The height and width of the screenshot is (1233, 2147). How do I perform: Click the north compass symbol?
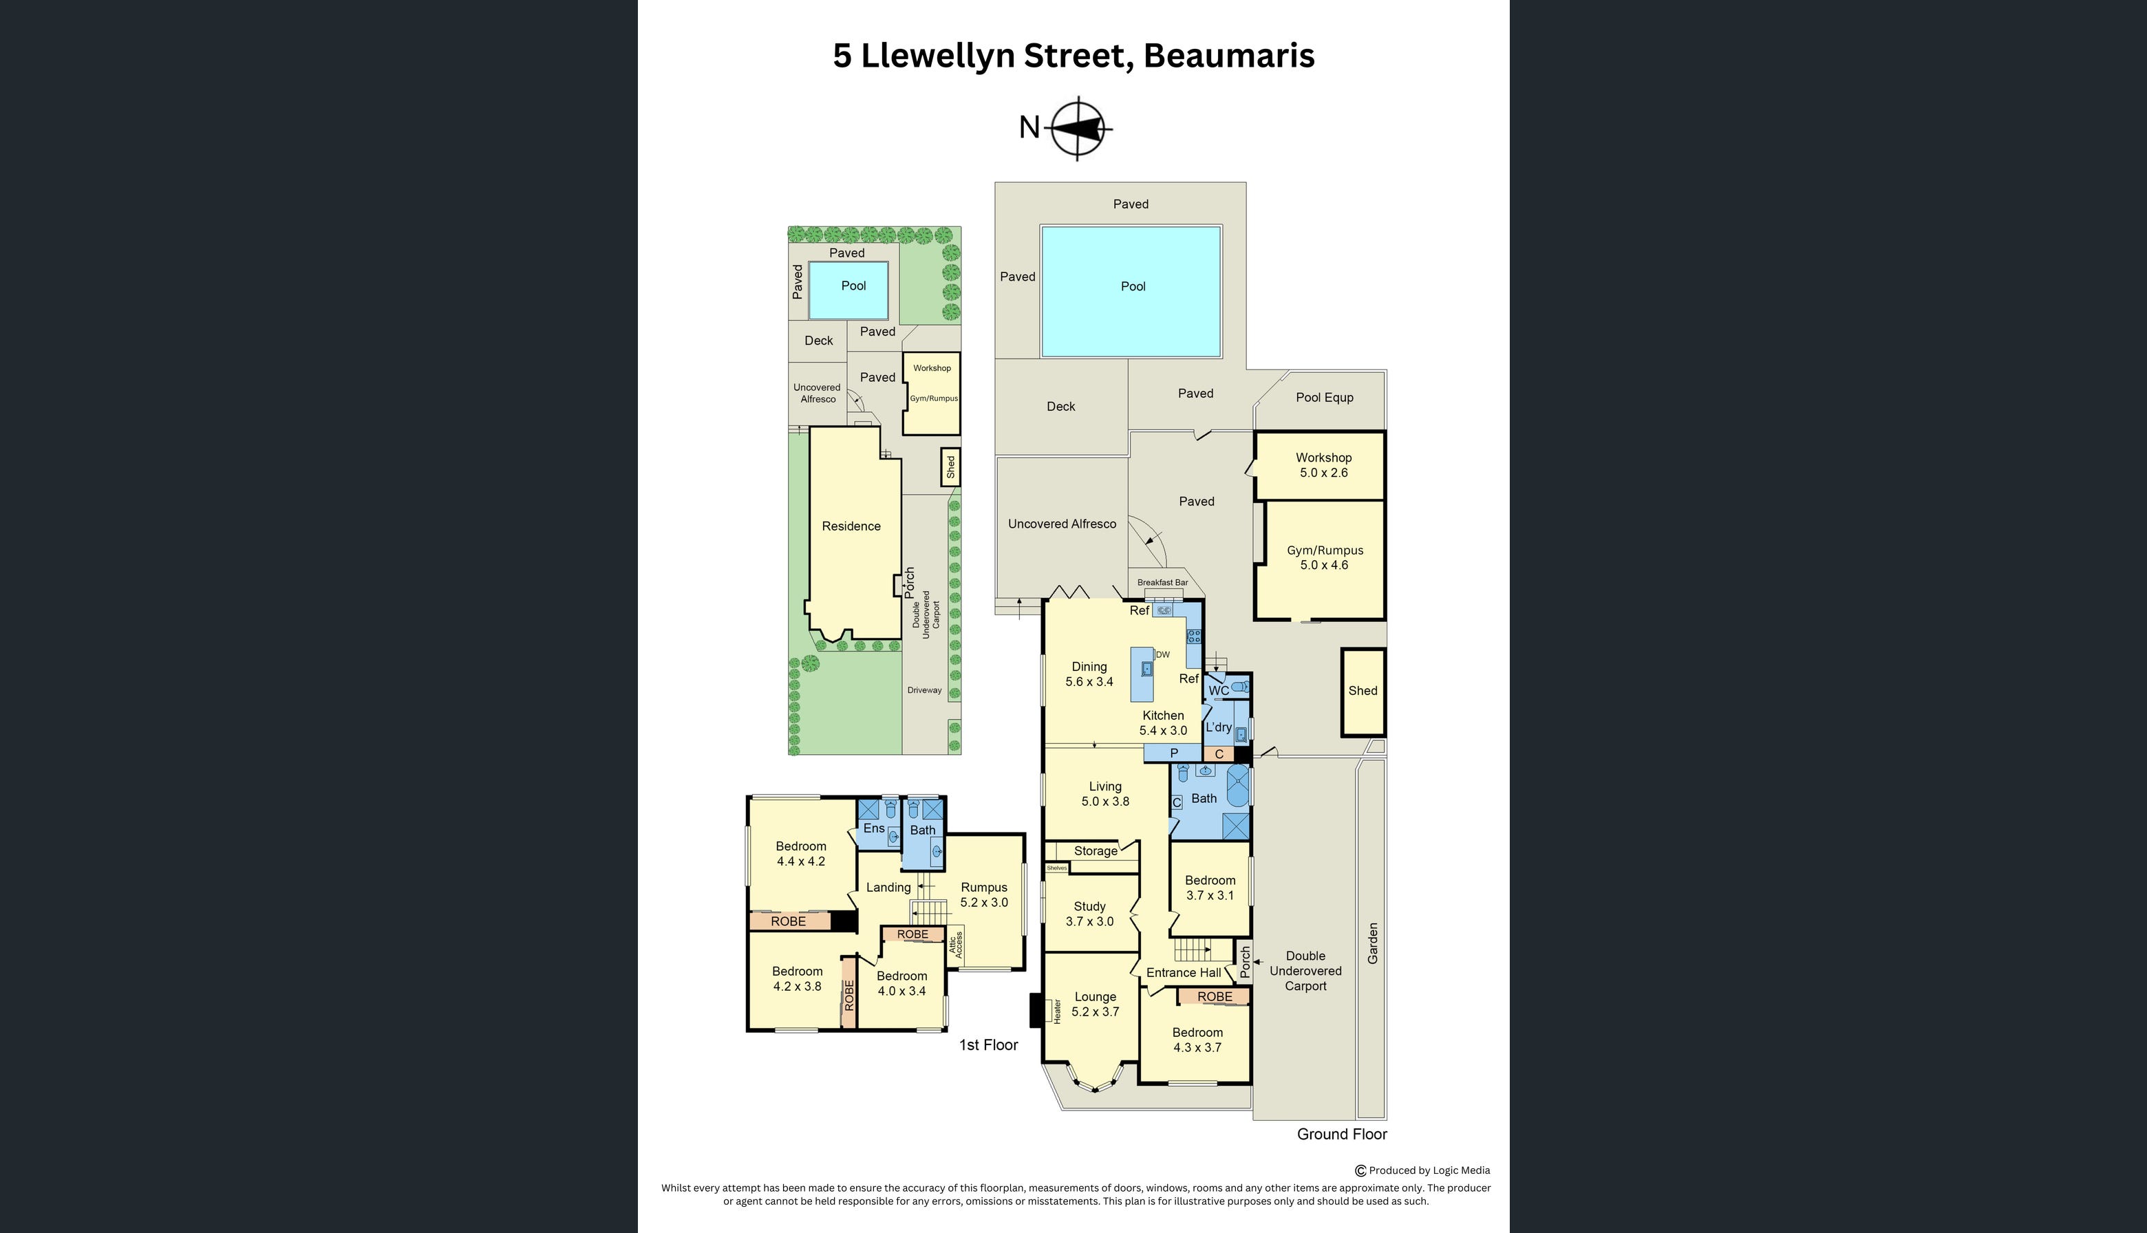[1078, 129]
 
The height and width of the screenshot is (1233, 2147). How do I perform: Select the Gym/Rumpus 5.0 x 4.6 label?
[1325, 557]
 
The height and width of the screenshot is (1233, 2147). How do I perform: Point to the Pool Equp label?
[1324, 397]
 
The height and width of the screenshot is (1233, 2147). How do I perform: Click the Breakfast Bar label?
[1162, 583]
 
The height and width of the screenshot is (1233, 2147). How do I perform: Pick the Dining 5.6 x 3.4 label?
[1089, 674]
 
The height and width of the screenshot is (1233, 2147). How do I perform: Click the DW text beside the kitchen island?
[1163, 654]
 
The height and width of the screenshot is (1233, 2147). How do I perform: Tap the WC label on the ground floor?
[1218, 691]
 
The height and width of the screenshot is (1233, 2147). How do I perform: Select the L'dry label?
[1218, 727]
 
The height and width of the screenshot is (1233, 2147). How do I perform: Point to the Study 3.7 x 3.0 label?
[1089, 914]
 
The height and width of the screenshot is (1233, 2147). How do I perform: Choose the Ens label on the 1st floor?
[873, 828]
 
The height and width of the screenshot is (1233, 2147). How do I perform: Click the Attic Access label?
[955, 946]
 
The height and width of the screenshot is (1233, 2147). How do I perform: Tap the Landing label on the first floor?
[888, 888]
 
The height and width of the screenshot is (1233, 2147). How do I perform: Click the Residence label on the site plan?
[851, 526]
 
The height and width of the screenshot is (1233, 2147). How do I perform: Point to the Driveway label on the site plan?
[924, 690]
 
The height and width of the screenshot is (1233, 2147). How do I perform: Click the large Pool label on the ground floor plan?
[1133, 286]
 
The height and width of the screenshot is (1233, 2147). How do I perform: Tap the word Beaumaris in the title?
[1228, 55]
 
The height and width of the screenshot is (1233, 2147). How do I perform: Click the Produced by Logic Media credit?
[1428, 1170]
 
